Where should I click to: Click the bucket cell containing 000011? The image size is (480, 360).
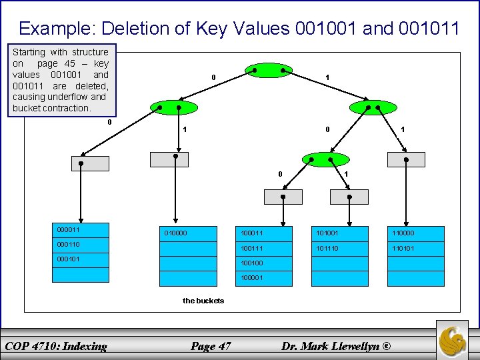point(81,231)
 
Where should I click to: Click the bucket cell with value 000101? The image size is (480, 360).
point(81,260)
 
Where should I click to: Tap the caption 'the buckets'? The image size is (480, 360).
point(203,301)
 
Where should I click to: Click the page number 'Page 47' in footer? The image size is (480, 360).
point(211,345)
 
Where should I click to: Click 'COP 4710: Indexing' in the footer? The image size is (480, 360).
point(56,345)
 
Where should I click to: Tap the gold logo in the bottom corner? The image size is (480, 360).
point(453,339)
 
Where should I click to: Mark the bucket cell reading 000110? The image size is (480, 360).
point(81,245)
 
